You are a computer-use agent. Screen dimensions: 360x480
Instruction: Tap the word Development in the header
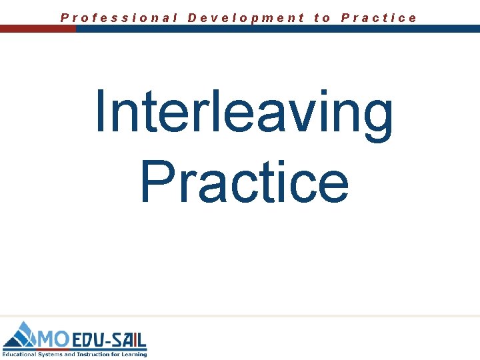point(246,17)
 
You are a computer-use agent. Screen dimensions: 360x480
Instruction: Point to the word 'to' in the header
point(322,17)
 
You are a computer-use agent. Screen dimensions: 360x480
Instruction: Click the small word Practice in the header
point(379,17)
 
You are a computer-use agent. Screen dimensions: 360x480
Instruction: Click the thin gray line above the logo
point(240,315)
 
